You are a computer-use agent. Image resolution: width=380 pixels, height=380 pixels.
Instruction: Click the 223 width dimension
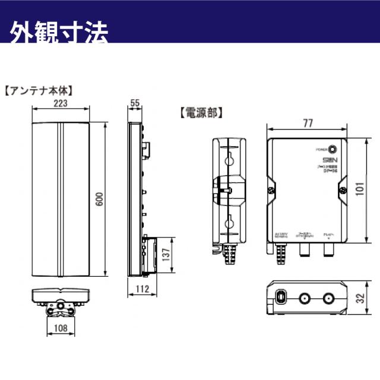pyautogui.click(x=59, y=103)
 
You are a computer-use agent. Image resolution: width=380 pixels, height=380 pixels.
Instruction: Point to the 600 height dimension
pyautogui.click(x=100, y=201)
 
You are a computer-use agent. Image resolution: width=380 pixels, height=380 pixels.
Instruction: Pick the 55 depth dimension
pyautogui.click(x=135, y=103)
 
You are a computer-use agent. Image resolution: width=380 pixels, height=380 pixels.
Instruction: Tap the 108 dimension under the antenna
pyautogui.click(x=59, y=328)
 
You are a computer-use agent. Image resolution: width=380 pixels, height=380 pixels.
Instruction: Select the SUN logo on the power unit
pyautogui.click(x=330, y=160)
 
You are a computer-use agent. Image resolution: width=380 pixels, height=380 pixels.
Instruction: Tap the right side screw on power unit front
pyautogui.click(x=343, y=190)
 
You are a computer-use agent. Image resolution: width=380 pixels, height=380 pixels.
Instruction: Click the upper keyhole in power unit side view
pyautogui.click(x=228, y=159)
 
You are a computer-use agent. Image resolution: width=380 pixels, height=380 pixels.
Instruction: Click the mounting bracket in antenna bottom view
pyautogui.click(x=59, y=309)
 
